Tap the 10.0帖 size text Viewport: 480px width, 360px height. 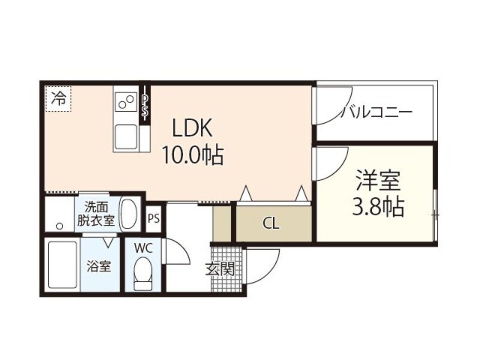coord(192,156)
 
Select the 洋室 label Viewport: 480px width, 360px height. coord(377,179)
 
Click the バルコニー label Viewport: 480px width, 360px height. coord(376,112)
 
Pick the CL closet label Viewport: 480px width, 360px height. coord(271,224)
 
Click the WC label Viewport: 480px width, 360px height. coord(143,247)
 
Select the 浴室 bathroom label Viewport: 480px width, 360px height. coord(99,266)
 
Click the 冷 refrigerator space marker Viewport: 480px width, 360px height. coord(58,98)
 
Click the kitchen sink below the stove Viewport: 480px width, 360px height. coord(127,136)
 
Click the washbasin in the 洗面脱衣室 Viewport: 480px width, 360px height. coord(129,213)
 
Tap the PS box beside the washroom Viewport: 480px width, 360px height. coord(154,218)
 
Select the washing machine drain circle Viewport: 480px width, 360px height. coord(59,226)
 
